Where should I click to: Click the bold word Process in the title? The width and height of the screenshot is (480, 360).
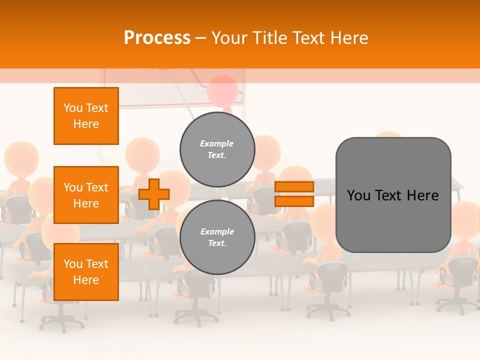pyautogui.click(x=157, y=38)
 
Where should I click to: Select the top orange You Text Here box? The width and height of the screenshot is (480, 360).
pyautogui.click(x=86, y=116)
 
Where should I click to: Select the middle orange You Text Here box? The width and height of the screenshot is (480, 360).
pyautogui.click(x=86, y=195)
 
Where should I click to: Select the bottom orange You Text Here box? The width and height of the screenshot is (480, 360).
pyautogui.click(x=86, y=272)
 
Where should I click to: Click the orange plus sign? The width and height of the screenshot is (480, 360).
pyautogui.click(x=154, y=194)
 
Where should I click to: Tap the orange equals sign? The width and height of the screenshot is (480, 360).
pyautogui.click(x=294, y=194)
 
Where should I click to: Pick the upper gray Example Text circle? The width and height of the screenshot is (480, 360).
pyautogui.click(x=217, y=149)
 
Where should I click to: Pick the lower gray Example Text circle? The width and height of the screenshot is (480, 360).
pyautogui.click(x=217, y=237)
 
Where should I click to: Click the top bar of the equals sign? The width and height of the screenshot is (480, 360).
pyautogui.click(x=294, y=187)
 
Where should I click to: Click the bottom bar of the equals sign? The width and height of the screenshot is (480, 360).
pyautogui.click(x=294, y=201)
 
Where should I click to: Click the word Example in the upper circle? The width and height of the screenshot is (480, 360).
pyautogui.click(x=217, y=144)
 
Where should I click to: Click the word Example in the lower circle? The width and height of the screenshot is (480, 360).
pyautogui.click(x=217, y=232)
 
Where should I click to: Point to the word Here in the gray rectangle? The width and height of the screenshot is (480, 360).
pyautogui.click(x=422, y=195)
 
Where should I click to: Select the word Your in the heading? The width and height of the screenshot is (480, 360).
pyautogui.click(x=228, y=38)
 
